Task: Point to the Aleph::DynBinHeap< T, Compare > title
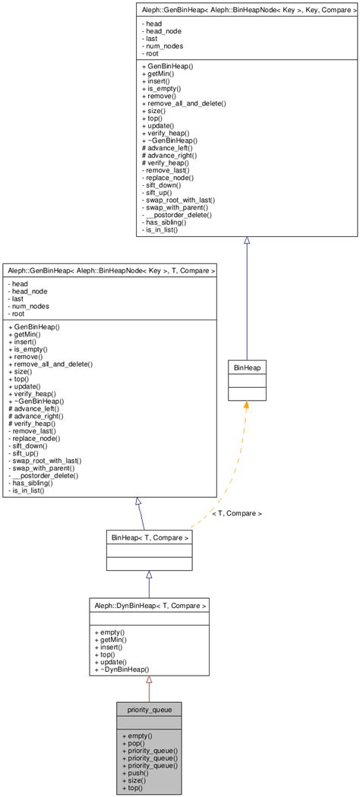coord(149,605)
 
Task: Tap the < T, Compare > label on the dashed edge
coord(236,513)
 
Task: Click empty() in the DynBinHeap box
coord(113,632)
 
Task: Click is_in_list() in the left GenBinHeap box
coord(30,490)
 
